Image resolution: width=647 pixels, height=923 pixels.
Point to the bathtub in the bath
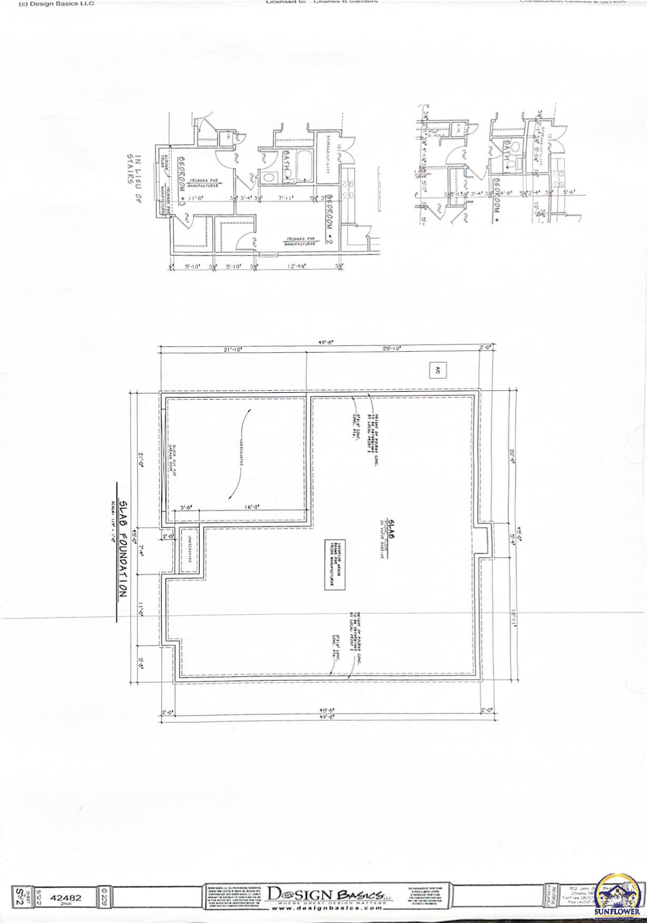click(303, 166)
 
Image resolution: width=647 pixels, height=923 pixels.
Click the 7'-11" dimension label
click(286, 199)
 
